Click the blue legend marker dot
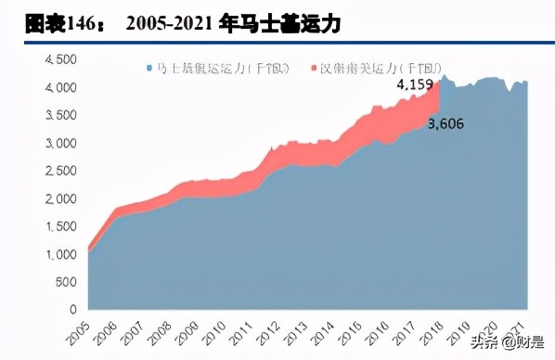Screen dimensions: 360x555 148,68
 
